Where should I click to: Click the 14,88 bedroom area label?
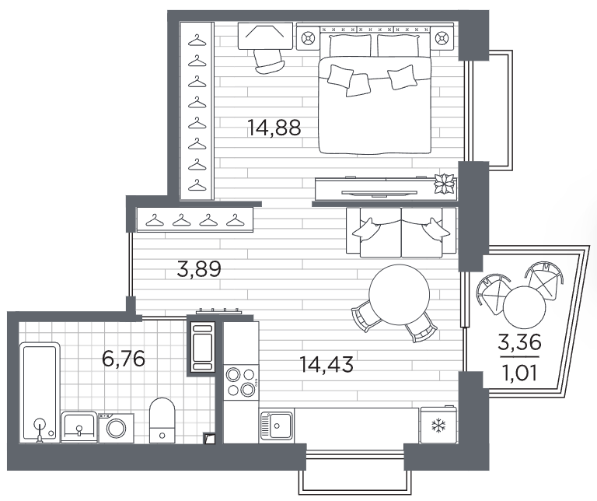point(274,128)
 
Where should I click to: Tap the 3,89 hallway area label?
point(199,269)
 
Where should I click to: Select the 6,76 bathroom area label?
point(124,359)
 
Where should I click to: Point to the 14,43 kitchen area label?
point(326,364)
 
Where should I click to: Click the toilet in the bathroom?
point(162,420)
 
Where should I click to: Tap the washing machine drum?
point(116,428)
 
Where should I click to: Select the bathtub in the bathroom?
point(40,392)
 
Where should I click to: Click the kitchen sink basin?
point(276,426)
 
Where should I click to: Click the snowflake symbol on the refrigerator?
point(438,426)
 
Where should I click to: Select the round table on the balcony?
point(525,307)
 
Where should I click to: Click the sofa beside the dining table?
point(401,233)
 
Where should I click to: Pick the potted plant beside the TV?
point(445,184)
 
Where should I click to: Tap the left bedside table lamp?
point(308,38)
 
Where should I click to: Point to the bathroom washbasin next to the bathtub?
point(79,427)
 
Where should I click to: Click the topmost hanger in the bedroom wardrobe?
point(197,40)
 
